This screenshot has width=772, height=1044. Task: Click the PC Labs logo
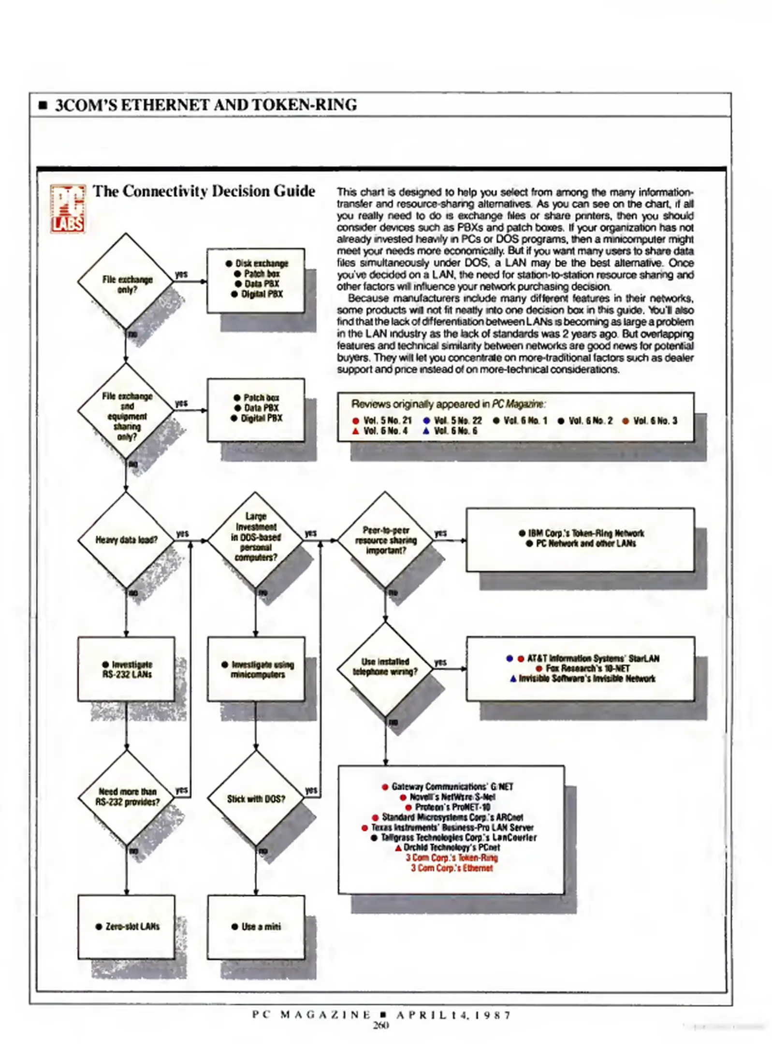pos(68,209)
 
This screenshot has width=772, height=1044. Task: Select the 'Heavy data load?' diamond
pos(126,540)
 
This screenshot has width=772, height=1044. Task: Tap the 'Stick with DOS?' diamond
pos(256,799)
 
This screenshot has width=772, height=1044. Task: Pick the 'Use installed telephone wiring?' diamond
pos(385,667)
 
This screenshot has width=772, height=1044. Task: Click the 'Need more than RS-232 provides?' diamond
pos(127,797)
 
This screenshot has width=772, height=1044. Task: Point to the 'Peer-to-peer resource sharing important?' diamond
pos(385,540)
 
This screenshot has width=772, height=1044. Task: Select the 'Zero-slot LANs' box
pos(127,927)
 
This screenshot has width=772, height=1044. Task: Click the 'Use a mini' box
pos(256,927)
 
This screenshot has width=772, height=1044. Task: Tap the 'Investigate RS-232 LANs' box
pos(127,669)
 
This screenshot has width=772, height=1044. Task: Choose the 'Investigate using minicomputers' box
pos(257,669)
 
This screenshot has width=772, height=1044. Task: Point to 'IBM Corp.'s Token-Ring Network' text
pos(585,533)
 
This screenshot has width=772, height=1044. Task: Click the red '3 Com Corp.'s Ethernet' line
pos(452,868)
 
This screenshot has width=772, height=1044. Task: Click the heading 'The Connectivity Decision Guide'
pos(204,191)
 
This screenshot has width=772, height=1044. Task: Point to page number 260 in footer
pos(380,1025)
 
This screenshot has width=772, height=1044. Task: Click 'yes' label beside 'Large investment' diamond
pos(310,533)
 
